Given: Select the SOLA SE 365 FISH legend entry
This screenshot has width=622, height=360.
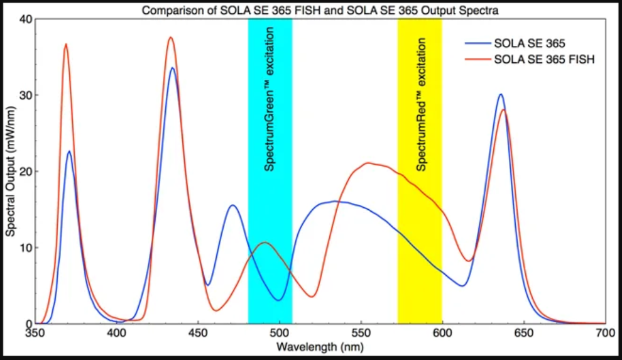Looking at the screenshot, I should (x=544, y=60).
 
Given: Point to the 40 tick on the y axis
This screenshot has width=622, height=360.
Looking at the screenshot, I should (x=26, y=19).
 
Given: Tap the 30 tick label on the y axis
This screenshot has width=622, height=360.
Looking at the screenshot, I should (x=26, y=95).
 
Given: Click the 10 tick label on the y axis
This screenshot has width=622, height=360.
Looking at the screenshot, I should (x=26, y=248).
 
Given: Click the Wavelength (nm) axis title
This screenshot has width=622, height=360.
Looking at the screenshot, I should (x=320, y=346).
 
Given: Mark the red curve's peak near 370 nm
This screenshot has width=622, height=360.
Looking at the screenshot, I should (x=65, y=44).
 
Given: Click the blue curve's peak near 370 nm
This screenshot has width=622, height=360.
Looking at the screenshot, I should (x=69, y=151).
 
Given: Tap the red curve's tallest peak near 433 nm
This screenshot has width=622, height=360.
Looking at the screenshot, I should (x=170, y=38).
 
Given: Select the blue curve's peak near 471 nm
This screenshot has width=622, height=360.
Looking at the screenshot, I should (x=233, y=205).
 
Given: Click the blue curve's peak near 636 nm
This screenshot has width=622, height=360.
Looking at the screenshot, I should (x=501, y=94).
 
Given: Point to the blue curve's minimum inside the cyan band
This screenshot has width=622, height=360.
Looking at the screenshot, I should (x=279, y=300).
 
